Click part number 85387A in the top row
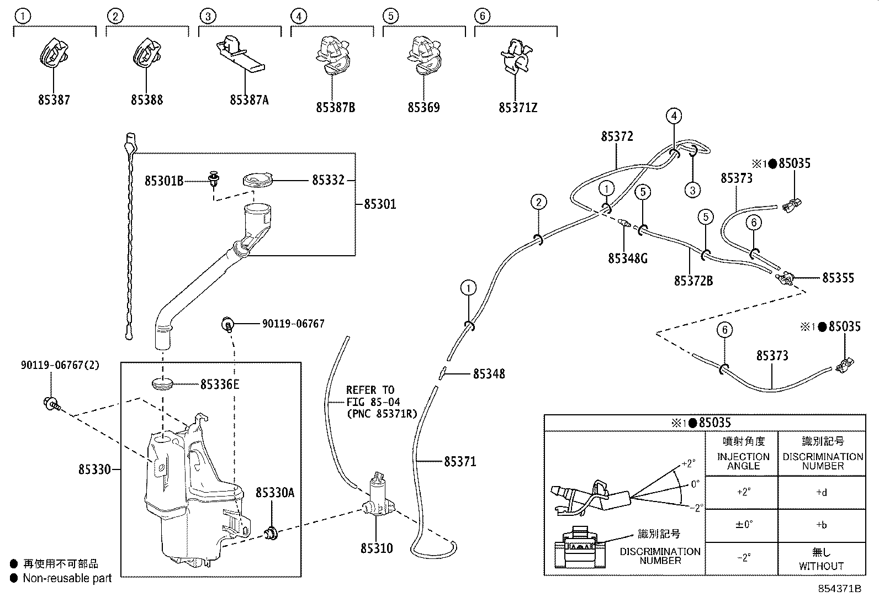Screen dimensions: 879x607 (x=249, y=100)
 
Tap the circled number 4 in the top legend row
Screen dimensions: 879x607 (x=299, y=17)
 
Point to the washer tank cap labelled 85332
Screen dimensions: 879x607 (x=258, y=180)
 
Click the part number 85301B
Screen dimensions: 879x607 (x=164, y=181)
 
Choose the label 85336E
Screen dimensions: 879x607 (x=220, y=384)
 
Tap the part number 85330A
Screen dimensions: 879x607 (x=275, y=493)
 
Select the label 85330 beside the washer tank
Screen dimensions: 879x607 (x=94, y=469)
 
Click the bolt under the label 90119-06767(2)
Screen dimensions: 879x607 (x=51, y=404)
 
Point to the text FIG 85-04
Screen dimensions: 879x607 (x=373, y=402)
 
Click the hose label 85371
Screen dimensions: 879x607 (x=460, y=462)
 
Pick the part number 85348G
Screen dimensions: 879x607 (x=628, y=258)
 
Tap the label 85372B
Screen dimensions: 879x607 (x=693, y=281)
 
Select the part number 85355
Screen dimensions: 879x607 (x=838, y=278)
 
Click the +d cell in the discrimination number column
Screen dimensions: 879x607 (x=822, y=492)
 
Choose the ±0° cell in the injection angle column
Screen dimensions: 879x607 (x=744, y=525)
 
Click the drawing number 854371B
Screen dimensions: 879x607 (x=840, y=589)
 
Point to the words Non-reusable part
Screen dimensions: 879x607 (x=67, y=578)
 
